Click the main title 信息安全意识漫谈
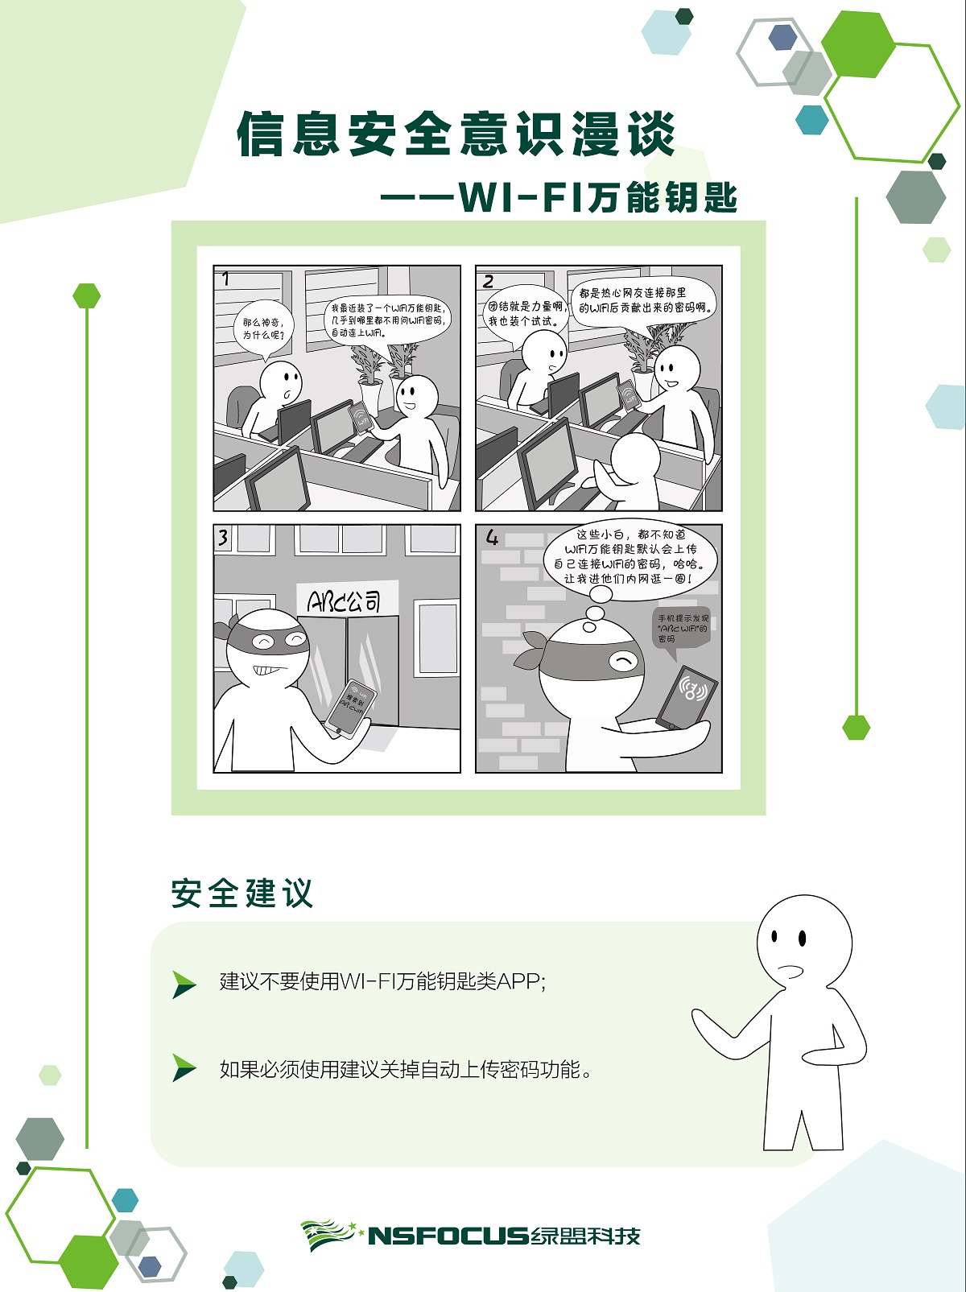tap(456, 134)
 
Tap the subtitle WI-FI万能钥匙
tap(597, 197)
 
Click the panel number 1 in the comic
tap(226, 279)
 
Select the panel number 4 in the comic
tap(492, 538)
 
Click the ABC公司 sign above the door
tap(345, 601)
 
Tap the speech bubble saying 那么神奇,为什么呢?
tap(263, 328)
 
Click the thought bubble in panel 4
tap(629, 556)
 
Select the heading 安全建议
tap(242, 894)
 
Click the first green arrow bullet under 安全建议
tap(184, 983)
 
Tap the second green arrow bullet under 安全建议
tap(184, 1069)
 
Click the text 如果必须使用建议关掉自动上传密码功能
tap(406, 1070)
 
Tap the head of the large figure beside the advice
tap(803, 942)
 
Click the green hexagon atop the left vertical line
tap(86, 295)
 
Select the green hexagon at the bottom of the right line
tap(856, 727)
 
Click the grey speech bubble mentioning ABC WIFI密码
tap(681, 628)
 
